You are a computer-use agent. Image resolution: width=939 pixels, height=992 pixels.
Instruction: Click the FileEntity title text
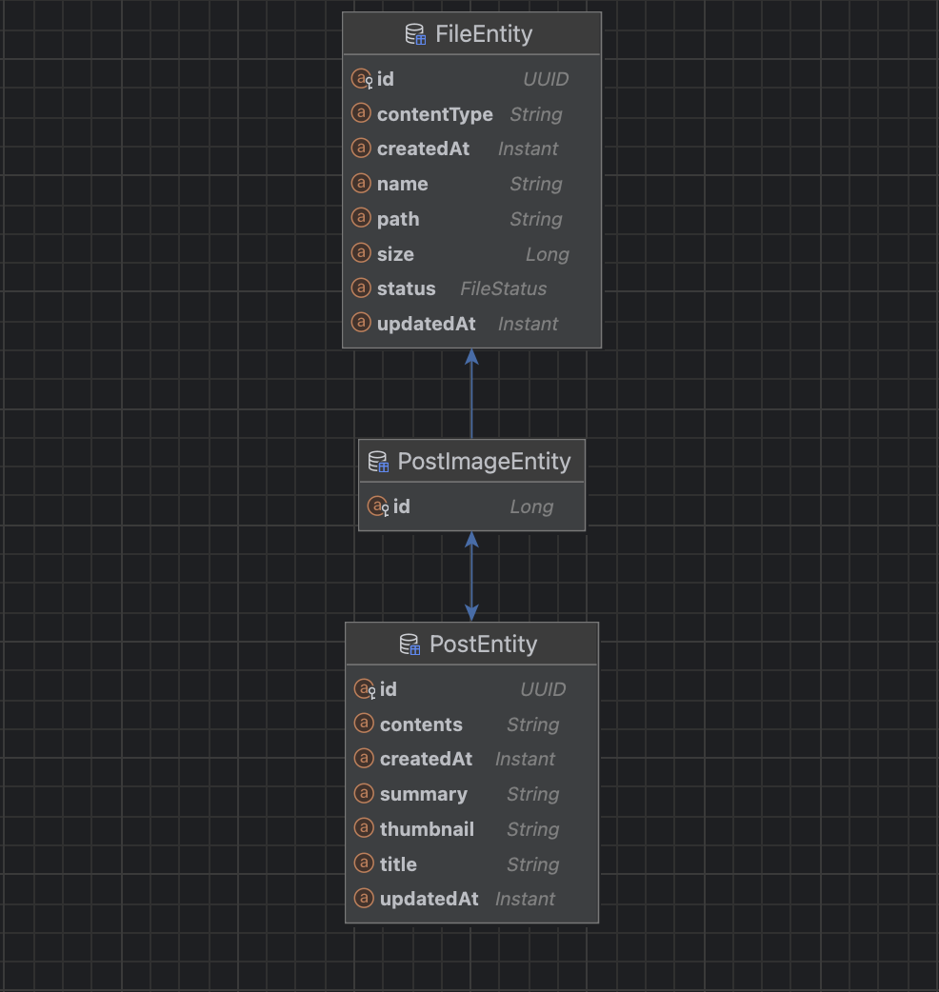[484, 34]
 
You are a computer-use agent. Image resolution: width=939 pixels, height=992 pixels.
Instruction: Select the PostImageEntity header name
[484, 462]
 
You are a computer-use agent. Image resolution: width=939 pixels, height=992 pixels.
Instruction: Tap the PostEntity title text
[484, 645]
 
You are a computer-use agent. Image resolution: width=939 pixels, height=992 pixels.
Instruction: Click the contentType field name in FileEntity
[434, 114]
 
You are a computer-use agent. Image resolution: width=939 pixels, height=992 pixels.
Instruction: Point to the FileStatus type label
[504, 288]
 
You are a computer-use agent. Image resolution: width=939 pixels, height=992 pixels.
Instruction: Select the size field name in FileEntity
[395, 254]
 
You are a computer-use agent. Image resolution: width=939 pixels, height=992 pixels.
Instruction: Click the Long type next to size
[548, 254]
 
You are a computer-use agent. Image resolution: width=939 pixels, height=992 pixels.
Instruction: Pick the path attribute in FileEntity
[398, 220]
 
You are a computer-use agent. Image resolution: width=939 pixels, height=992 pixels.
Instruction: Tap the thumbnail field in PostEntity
[427, 829]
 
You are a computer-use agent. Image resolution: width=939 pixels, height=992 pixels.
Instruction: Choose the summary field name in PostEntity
[423, 795]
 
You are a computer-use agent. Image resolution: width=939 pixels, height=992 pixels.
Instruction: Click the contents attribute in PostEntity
[422, 724]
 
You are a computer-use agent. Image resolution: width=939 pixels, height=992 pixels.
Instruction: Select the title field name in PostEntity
[399, 864]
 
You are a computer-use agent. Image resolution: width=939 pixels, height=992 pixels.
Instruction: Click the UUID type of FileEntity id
[546, 79]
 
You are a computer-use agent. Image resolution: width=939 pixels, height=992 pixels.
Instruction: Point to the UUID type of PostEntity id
[543, 689]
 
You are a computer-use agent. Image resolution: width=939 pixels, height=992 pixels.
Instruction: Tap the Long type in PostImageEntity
[532, 506]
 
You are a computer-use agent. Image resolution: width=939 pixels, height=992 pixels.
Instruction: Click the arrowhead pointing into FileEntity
[471, 357]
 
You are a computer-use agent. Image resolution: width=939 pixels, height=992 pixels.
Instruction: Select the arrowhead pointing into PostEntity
[471, 613]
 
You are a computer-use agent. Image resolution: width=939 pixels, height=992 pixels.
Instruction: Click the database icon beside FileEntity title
[415, 34]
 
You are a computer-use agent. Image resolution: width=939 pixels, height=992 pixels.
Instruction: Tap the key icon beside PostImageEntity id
[385, 510]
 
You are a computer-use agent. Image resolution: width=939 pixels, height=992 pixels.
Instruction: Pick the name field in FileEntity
[403, 184]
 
